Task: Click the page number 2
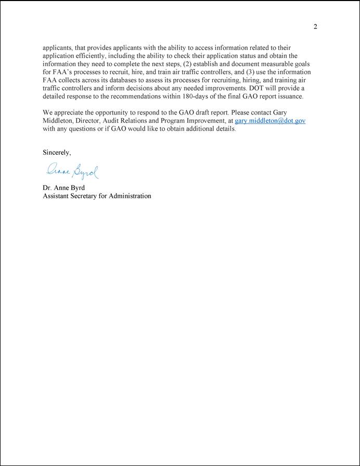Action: [315, 27]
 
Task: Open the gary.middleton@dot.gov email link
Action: [270, 121]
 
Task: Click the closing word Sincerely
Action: [56, 152]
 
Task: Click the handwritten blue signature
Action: [72, 170]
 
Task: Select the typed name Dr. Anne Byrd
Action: [65, 188]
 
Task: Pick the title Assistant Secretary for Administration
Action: [97, 196]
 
